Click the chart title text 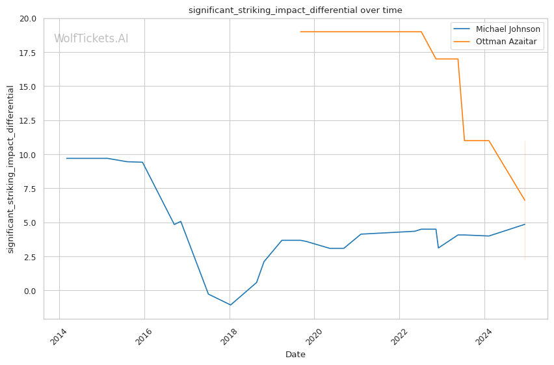point(295,10)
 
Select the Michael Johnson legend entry point(508,29)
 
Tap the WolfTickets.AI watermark point(91,39)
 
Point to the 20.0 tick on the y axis point(29,18)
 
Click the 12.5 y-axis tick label point(29,120)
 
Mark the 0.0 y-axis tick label point(31,291)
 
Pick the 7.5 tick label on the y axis point(31,189)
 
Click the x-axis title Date point(295,355)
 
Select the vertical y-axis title point(11,169)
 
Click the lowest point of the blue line point(230,305)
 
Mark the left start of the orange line point(300,32)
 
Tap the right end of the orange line point(525,200)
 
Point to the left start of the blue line point(66,158)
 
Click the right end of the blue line point(525,224)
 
